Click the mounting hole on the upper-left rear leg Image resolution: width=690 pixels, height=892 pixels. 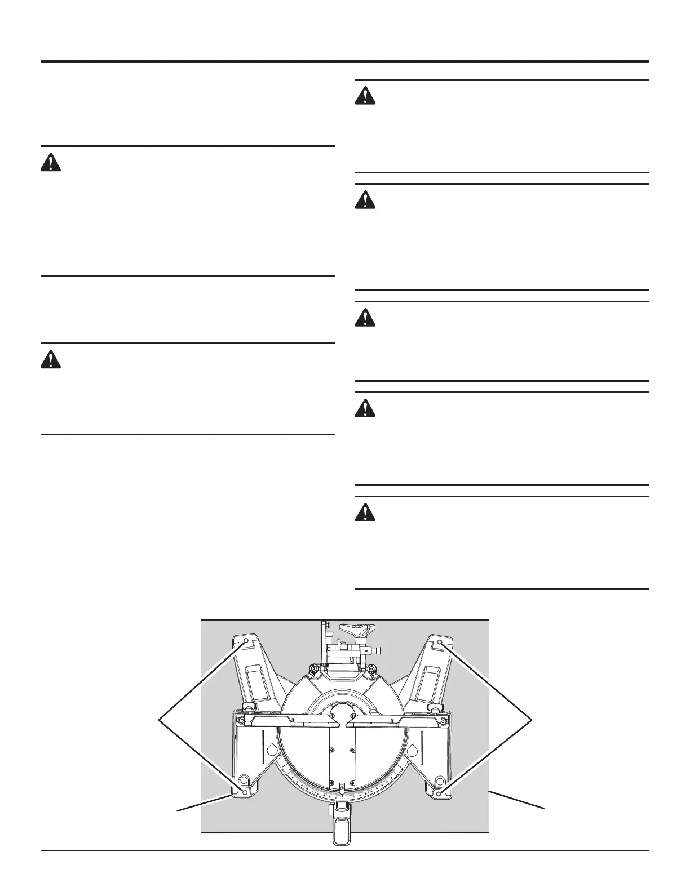coord(247,642)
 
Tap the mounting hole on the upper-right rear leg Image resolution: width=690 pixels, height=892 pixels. coord(440,642)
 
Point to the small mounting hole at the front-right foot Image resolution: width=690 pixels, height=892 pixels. coord(439,793)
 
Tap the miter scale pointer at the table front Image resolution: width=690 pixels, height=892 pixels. coord(342,788)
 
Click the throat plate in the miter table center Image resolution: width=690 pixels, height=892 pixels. coord(342,755)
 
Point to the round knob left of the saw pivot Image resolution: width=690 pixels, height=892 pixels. coord(311,669)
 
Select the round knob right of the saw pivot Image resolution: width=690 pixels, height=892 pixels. coord(372,669)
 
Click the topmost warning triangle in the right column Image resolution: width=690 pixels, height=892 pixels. coord(365,96)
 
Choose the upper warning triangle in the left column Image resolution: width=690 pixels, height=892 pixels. coord(51,163)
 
